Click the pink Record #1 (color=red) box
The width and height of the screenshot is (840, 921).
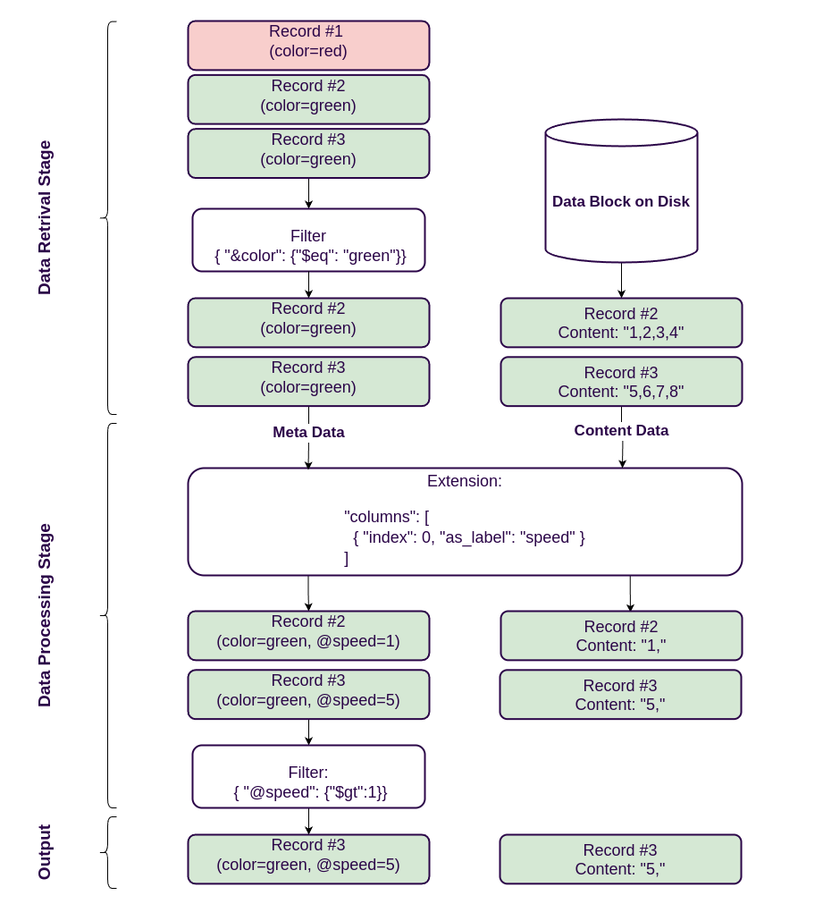click(x=308, y=45)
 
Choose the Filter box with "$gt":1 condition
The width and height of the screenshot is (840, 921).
click(x=308, y=776)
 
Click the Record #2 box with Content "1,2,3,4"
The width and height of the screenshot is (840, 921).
click(x=621, y=323)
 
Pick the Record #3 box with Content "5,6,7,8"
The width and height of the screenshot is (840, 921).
click(x=621, y=382)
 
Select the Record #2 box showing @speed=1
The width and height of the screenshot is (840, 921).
click(x=308, y=636)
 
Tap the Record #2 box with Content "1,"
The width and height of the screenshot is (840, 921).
click(x=621, y=636)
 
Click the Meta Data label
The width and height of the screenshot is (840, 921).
click(x=308, y=432)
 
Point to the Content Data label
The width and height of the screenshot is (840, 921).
click(x=621, y=430)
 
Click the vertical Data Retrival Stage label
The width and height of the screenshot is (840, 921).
click(x=45, y=217)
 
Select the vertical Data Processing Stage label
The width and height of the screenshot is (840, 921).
click(x=45, y=615)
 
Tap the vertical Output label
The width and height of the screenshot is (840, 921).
click(x=45, y=851)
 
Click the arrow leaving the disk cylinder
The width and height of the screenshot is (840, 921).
click(x=621, y=280)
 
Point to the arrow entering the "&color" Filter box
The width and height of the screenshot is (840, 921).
click(x=308, y=193)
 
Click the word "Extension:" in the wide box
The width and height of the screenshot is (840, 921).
click(x=464, y=481)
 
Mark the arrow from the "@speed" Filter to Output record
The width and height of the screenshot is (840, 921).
click(x=308, y=821)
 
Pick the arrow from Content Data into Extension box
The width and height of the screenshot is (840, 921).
click(x=622, y=454)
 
